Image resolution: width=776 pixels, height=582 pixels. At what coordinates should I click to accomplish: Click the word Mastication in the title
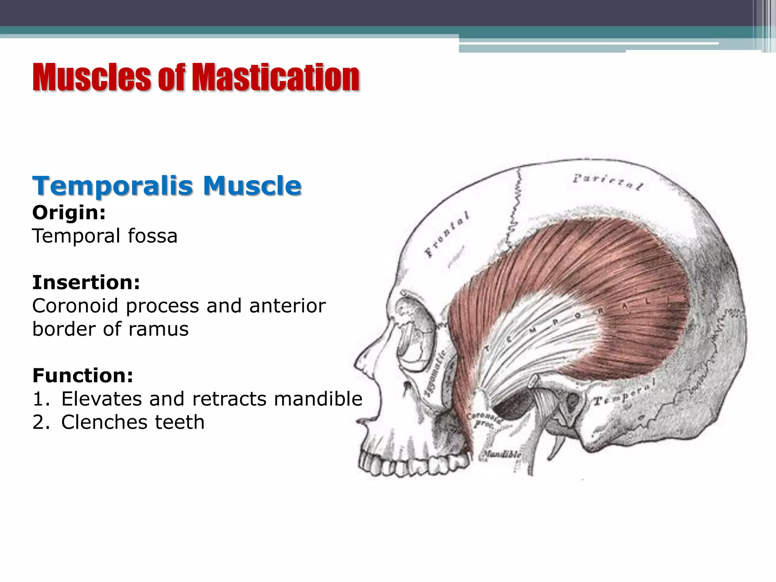pyautogui.click(x=276, y=78)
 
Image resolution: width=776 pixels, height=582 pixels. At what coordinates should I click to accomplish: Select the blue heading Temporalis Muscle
pyautogui.click(x=167, y=186)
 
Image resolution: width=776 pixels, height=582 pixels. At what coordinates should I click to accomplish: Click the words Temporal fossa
pyautogui.click(x=105, y=236)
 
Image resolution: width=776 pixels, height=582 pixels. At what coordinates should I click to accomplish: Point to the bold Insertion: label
pyautogui.click(x=86, y=283)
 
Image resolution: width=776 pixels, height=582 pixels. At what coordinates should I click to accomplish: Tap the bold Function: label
pyautogui.click(x=83, y=375)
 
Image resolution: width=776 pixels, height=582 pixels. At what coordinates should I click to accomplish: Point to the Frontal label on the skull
pyautogui.click(x=447, y=233)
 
